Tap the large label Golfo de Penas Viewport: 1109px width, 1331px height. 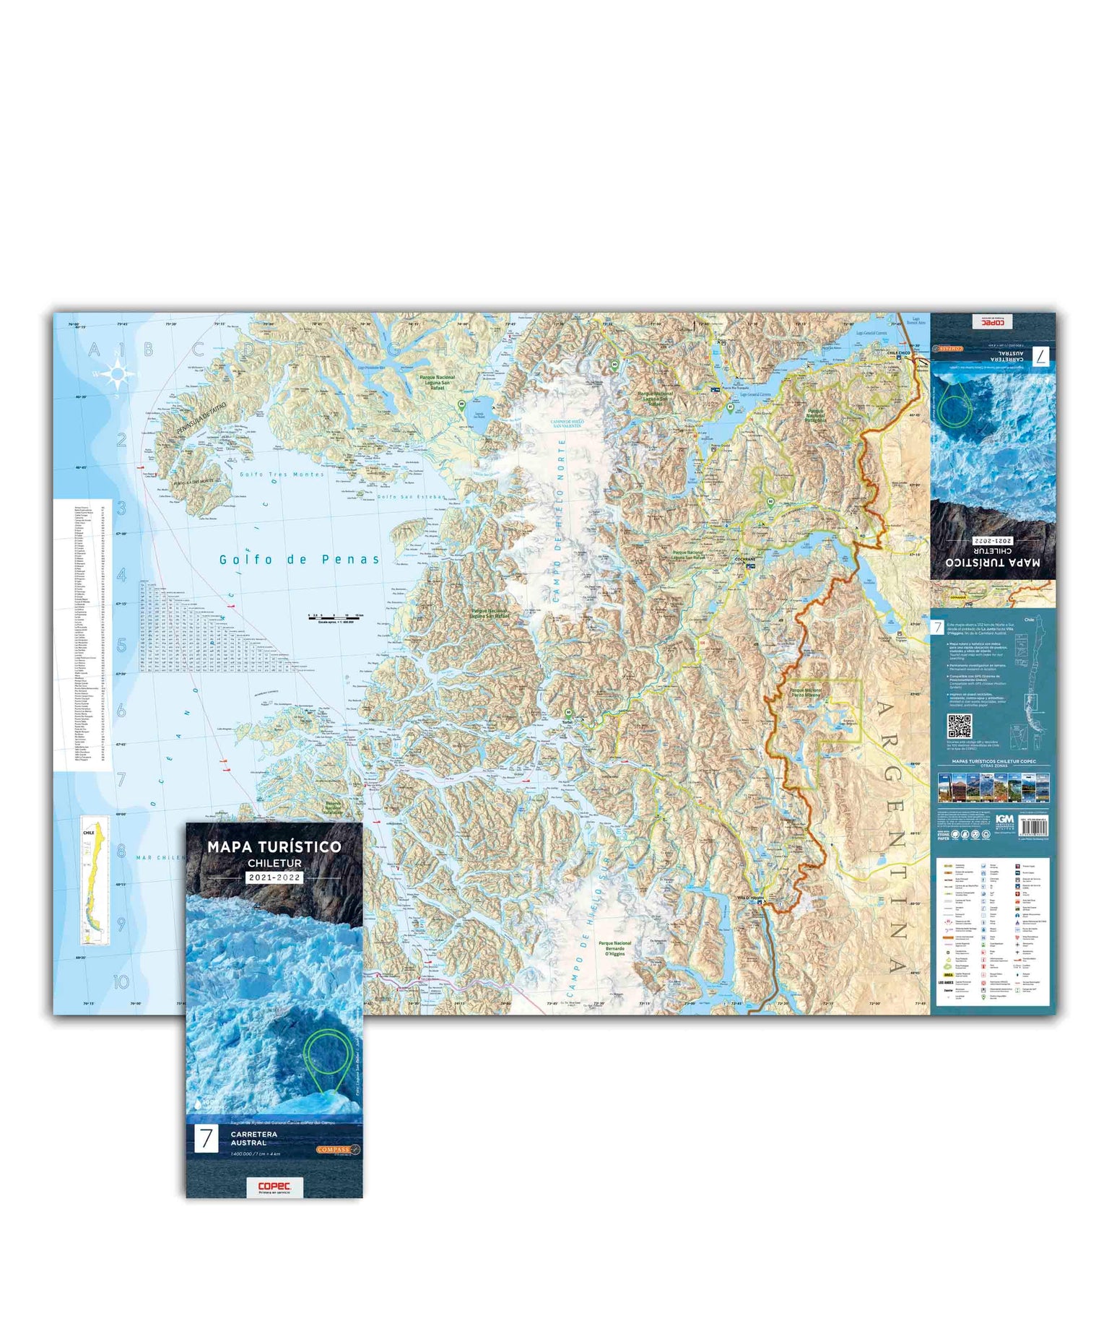299,560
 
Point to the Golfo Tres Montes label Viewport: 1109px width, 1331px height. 282,474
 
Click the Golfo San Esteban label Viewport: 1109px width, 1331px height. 412,497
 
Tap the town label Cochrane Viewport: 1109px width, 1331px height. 744,560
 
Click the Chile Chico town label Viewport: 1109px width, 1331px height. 898,353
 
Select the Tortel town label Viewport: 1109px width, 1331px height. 567,721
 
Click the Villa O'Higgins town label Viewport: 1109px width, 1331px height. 749,898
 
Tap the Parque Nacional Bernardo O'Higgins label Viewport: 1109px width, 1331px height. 614,948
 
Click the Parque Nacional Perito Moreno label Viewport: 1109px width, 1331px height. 805,692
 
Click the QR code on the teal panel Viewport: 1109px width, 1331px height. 959,727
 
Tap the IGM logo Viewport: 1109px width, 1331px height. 1004,820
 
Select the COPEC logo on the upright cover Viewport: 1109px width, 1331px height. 274,1187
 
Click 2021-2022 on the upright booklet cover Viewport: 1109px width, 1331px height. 274,877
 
